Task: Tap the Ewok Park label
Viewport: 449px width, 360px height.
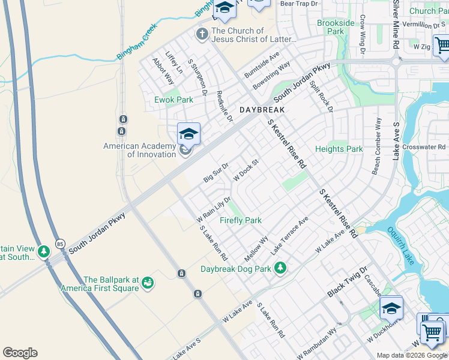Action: pyautogui.click(x=174, y=100)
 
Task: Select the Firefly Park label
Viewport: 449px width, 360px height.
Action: pyautogui.click(x=240, y=220)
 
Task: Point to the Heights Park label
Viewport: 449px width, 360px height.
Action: pyautogui.click(x=339, y=149)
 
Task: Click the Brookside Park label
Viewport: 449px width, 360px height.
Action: pyautogui.click(x=331, y=27)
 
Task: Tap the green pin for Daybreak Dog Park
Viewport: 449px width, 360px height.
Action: pyautogui.click(x=280, y=269)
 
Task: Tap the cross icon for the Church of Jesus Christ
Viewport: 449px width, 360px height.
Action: pyautogui.click(x=202, y=35)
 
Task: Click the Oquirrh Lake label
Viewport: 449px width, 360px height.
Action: pyautogui.click(x=400, y=245)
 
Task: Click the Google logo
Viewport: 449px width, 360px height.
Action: pyautogui.click(x=20, y=352)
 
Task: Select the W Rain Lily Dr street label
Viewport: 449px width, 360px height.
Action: pyautogui.click(x=214, y=210)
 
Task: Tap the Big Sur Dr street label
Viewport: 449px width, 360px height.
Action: pyautogui.click(x=216, y=172)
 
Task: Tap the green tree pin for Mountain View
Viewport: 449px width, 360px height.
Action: pyautogui.click(x=43, y=251)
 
